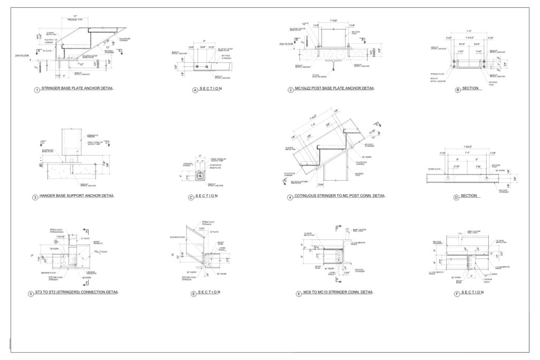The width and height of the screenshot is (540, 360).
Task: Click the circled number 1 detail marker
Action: click(36, 90)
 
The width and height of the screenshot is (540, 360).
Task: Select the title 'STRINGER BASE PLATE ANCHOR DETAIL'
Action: click(78, 89)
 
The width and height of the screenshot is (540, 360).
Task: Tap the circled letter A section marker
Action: click(195, 90)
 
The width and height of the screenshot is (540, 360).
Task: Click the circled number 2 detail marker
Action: click(291, 90)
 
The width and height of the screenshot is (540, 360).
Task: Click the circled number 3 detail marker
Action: click(35, 197)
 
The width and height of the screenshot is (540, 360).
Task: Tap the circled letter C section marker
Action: click(190, 198)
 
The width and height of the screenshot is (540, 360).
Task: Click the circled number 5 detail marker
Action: click(31, 293)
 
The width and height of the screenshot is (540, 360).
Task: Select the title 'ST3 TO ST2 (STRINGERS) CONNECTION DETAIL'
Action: click(77, 292)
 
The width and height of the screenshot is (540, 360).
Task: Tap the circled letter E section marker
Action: click(194, 294)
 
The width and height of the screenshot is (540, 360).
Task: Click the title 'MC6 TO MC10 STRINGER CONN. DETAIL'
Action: click(331, 292)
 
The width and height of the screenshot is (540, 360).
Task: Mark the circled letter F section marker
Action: click(457, 293)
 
